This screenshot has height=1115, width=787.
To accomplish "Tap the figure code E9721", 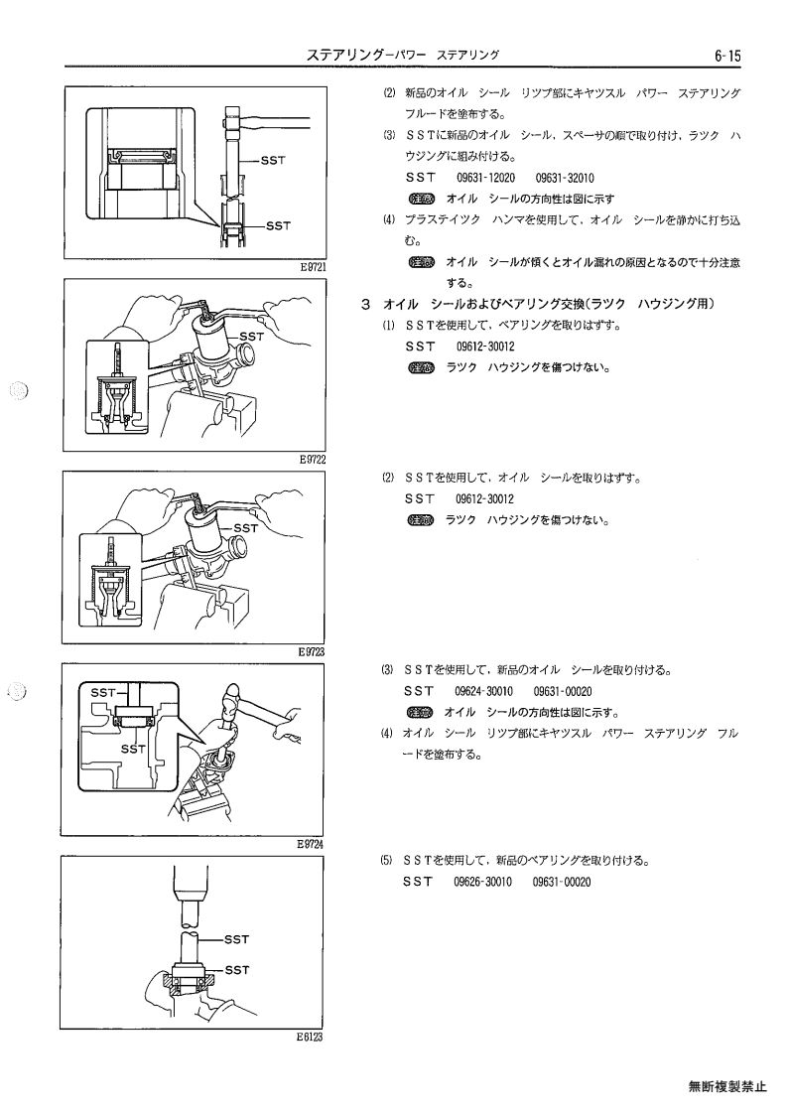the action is click(313, 267).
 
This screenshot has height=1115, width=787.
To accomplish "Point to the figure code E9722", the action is click(313, 460).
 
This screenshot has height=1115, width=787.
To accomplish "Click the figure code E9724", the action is click(310, 845).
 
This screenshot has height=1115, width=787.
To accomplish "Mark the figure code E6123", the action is click(310, 1037).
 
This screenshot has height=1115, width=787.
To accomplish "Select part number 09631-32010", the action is click(565, 178).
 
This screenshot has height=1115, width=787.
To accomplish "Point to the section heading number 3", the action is click(365, 305).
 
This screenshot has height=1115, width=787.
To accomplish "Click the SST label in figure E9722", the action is click(252, 337).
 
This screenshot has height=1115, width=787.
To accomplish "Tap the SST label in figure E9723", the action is click(246, 528).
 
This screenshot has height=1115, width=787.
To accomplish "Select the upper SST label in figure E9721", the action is click(273, 161).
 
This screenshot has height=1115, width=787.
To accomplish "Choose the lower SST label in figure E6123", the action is click(237, 970).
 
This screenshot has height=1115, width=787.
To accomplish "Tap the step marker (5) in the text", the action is click(386, 861).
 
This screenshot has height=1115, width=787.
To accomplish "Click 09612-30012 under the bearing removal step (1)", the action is click(485, 348).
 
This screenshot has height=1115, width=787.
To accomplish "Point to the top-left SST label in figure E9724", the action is click(103, 692).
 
